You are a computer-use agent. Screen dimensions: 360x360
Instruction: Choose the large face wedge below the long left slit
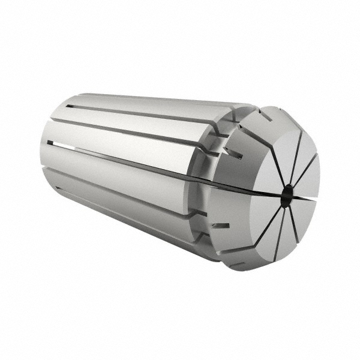point(255,216)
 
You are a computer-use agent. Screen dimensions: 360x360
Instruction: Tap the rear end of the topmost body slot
point(71,107)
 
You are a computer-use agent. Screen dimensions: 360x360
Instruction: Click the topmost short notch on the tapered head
point(265,114)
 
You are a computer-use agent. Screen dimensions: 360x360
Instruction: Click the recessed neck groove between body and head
point(207,180)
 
